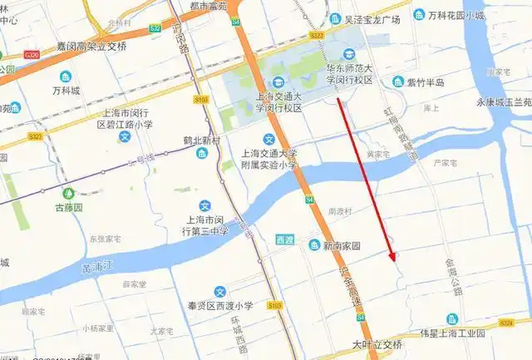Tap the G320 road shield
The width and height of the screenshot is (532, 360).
pyautogui.click(x=32, y=55)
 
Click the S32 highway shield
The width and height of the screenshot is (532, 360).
pyautogui.click(x=155, y=28)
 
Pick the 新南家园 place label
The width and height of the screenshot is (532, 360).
pyautogui.click(x=341, y=246)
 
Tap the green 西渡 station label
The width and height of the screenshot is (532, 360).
pyautogui.click(x=285, y=239)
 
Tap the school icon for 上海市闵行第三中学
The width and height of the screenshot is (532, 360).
pyautogui.click(x=204, y=206)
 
